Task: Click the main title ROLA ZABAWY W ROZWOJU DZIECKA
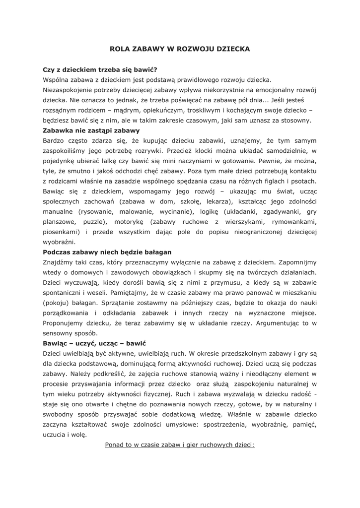point(179,49)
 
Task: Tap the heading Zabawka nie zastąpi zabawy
point(91,130)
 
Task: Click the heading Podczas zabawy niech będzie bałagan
point(107,252)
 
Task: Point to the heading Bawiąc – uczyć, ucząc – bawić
point(95,343)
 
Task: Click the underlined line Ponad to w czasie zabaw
point(179,444)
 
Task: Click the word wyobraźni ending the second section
point(59,242)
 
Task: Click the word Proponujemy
point(65,323)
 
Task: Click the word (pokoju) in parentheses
point(56,303)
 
